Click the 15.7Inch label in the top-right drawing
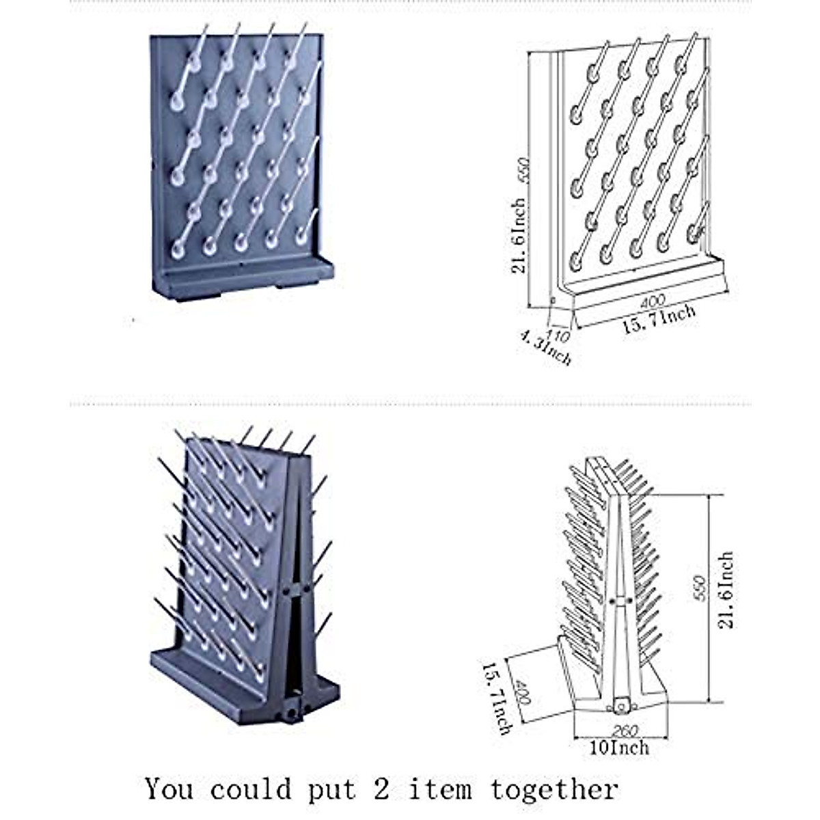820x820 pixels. click(658, 318)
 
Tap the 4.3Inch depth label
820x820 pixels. click(545, 347)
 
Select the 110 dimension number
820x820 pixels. click(558, 334)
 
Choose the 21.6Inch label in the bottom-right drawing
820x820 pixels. click(727, 590)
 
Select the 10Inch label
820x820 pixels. click(619, 748)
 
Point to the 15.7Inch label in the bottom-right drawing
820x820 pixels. click(497, 697)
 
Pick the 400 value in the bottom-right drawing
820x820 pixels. click(525, 692)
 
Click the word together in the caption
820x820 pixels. click(554, 790)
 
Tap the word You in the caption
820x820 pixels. click(169, 789)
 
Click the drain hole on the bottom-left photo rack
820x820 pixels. click(293, 711)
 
